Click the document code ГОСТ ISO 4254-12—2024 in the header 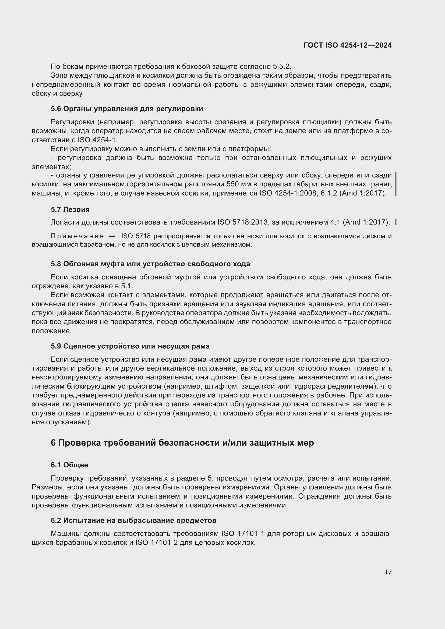347,45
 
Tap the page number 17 388,572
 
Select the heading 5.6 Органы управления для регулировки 127,109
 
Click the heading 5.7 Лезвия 70,209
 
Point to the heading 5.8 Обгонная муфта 150,264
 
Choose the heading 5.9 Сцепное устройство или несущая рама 130,346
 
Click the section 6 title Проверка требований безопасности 182,443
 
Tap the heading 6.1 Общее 69,465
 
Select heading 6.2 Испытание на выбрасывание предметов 133,520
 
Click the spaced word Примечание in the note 77,236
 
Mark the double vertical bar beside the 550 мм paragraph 396,184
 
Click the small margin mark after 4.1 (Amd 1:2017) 396,222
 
